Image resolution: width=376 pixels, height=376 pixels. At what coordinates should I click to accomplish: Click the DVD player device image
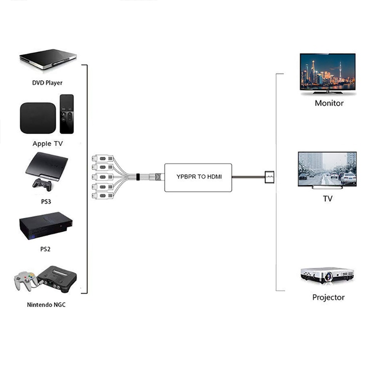tap(48, 60)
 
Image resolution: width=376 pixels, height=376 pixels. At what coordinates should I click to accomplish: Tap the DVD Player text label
tap(47, 83)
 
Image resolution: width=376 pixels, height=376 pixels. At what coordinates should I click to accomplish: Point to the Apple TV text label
tap(47, 144)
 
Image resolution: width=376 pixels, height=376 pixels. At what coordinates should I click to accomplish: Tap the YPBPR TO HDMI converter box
tap(198, 177)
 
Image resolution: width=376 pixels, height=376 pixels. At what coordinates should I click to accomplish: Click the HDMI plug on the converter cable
tap(270, 177)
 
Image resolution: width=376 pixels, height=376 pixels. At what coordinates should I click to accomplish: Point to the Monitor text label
tap(329, 103)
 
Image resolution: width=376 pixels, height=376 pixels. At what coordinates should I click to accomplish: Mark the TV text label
tap(328, 198)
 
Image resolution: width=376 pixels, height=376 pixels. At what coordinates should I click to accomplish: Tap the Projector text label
tap(329, 297)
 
